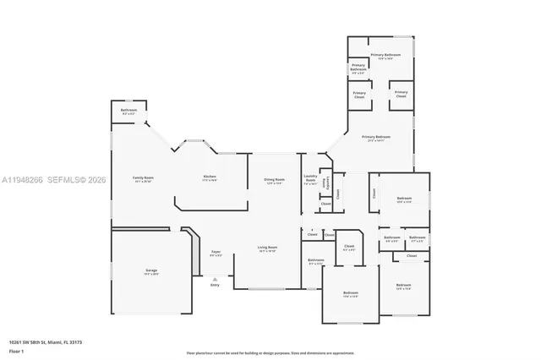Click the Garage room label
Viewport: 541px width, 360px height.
pyautogui.click(x=150, y=271)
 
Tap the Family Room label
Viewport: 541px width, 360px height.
pyautogui.click(x=143, y=179)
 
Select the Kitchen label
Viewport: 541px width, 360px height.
pyautogui.click(x=210, y=179)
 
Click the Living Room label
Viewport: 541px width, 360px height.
pyautogui.click(x=267, y=249)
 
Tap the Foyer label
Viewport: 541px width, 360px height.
pyautogui.click(x=216, y=253)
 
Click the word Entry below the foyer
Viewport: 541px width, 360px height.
pyautogui.click(x=214, y=285)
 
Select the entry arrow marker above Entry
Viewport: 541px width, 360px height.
pyautogui.click(x=215, y=278)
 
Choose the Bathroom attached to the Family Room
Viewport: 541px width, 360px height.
pyautogui.click(x=128, y=111)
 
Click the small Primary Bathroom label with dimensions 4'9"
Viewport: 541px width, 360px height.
pyautogui.click(x=358, y=67)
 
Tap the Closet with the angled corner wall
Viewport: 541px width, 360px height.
pyautogui.click(x=348, y=249)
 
